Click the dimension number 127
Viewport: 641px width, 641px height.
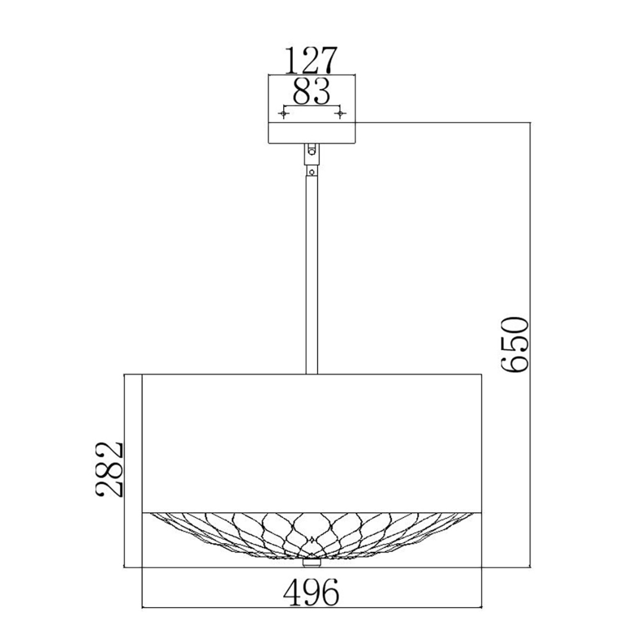311,60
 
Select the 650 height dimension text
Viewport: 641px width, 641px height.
515,344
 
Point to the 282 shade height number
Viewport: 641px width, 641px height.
109,469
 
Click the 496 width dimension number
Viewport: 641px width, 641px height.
312,592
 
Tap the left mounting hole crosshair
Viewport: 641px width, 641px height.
284,113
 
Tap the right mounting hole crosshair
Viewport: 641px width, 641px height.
340,113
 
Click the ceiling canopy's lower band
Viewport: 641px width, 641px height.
312,133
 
